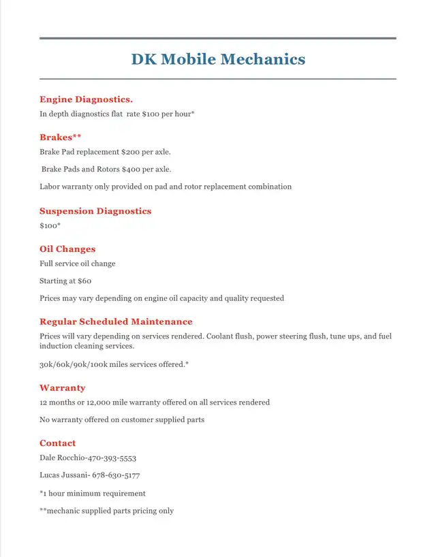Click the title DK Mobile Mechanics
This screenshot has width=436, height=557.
pos(218,59)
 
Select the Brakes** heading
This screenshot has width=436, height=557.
pos(61,138)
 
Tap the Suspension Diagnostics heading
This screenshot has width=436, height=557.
pos(95,211)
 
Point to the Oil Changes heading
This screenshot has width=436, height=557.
pos(67,249)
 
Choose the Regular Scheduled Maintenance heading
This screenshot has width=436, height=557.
pos(116,321)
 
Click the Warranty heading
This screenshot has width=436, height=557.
pos(63,388)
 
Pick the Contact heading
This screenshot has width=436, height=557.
pos(58,443)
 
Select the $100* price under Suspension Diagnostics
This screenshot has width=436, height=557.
pos(50,225)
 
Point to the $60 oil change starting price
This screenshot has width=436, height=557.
pos(84,281)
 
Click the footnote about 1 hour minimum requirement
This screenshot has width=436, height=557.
pos(93,493)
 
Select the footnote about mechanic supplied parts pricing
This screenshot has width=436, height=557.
pos(106,511)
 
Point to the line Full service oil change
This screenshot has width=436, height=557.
pos(78,264)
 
